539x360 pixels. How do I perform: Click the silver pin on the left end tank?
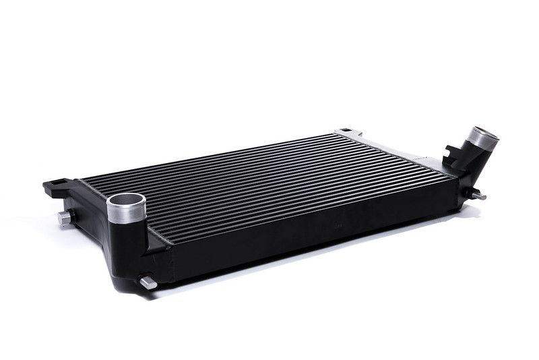tap(65, 217)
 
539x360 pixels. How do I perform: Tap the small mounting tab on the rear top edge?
tap(345, 131)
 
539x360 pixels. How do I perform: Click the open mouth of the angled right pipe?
tap(484, 132)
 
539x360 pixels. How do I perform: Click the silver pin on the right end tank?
tap(478, 196)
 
